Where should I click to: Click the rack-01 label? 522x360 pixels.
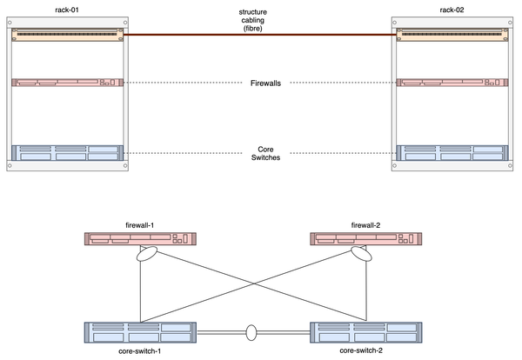67,9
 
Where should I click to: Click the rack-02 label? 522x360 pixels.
453,9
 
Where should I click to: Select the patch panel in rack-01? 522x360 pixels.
67,36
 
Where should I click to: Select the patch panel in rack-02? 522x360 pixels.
453,36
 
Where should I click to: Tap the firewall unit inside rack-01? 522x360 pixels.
67,83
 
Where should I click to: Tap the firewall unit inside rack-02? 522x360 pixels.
453,83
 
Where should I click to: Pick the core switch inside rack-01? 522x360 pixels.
67,153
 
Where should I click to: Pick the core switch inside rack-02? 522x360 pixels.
453,153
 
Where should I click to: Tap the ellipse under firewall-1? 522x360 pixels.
146,257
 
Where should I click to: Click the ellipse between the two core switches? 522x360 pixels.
252,332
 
